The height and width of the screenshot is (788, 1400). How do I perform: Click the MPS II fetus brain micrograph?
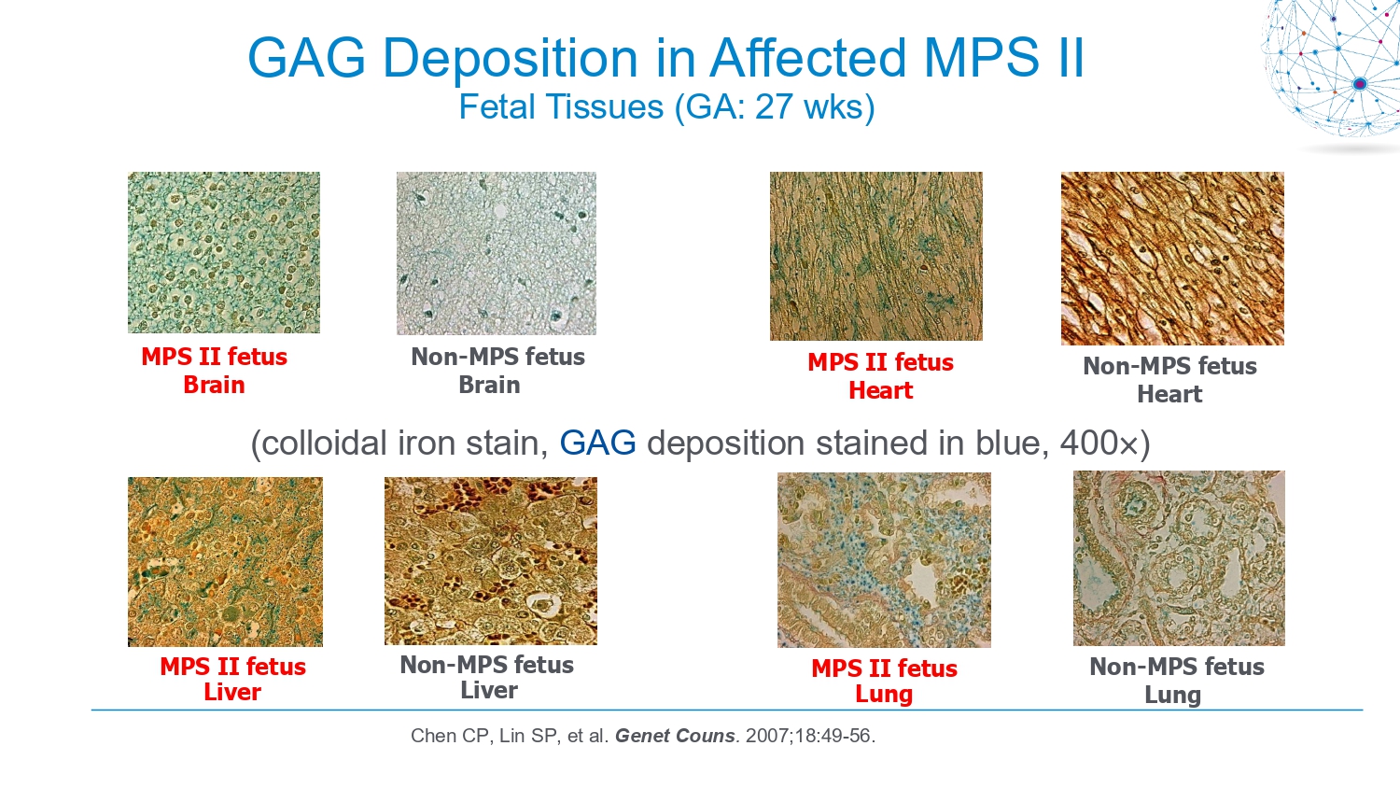(224, 253)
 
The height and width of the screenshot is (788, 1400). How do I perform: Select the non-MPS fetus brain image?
(497, 253)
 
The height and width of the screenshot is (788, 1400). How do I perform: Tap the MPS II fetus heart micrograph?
(876, 257)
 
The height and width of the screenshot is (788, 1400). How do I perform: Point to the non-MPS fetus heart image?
(1172, 259)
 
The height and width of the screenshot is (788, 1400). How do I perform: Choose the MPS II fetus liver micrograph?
(226, 562)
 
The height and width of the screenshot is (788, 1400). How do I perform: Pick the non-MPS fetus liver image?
(491, 561)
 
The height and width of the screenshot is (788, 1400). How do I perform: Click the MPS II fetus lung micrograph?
(885, 560)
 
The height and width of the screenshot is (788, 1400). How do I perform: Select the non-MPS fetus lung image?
(1180, 558)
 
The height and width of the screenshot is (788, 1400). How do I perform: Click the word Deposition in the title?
(510, 59)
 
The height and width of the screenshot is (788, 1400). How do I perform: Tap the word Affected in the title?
(807, 58)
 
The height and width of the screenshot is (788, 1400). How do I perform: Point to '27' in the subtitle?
(775, 107)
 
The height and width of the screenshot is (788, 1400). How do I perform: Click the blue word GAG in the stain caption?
(597, 443)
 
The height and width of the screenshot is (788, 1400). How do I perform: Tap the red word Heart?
(881, 391)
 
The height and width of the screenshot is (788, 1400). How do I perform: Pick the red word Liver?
(232, 693)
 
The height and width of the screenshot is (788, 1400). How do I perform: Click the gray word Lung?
(1172, 696)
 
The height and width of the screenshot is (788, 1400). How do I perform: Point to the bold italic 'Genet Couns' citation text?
(675, 736)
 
